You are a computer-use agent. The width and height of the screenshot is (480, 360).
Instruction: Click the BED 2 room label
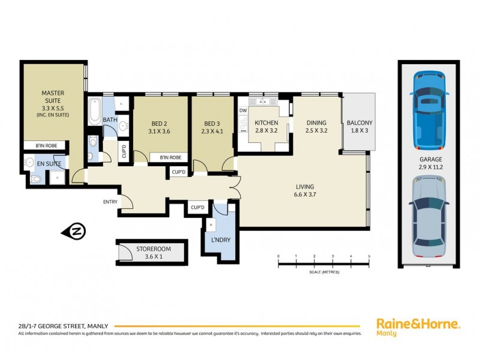tap(159, 127)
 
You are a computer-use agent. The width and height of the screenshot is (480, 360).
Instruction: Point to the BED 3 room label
tap(213, 127)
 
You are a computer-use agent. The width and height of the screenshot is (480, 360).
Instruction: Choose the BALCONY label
tap(359, 127)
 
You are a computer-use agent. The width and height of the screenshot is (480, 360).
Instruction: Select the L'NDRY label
tap(220, 241)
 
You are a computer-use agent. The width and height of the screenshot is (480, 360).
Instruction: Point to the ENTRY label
tap(110, 202)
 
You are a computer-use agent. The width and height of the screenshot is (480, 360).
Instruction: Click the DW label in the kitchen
tap(243, 110)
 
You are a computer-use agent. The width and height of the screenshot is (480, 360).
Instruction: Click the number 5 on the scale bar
tap(369, 256)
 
